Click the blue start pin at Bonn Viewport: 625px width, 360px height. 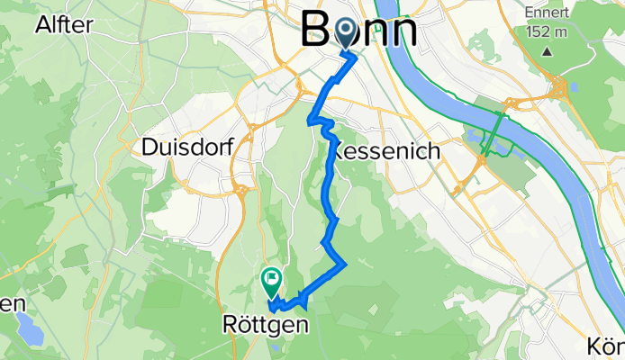[x=347, y=34]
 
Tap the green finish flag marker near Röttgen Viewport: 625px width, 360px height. [x=271, y=283]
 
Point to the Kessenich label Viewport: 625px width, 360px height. [x=387, y=152]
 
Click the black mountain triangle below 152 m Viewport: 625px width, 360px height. [x=547, y=50]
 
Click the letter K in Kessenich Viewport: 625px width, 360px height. [x=340, y=152]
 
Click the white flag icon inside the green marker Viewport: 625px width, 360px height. [x=271, y=279]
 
